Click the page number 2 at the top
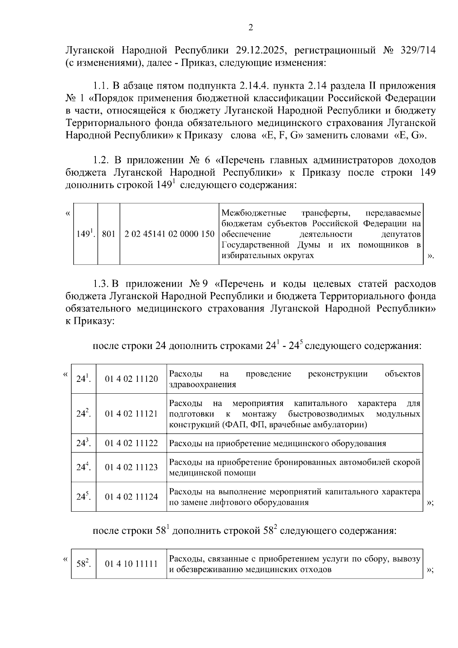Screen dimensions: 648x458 click(x=250, y=27)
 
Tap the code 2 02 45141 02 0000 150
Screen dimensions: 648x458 click(x=170, y=234)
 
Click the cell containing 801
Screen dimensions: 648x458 click(x=109, y=234)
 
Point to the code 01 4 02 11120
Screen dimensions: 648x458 click(x=131, y=379)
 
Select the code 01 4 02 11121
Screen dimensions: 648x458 click(x=131, y=414)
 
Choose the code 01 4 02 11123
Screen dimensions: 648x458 click(x=131, y=467)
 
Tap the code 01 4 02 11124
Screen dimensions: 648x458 click(x=131, y=496)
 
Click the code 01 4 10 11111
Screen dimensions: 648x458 click(x=131, y=564)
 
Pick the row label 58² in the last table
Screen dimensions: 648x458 click(x=83, y=564)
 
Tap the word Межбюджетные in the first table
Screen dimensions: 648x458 click(x=250, y=212)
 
